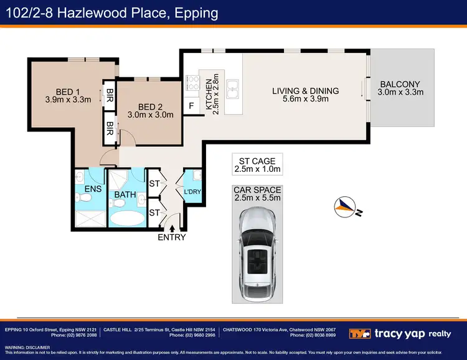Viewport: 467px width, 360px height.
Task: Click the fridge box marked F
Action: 192,107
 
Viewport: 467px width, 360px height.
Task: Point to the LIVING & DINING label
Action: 305,91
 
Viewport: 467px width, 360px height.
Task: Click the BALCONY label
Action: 400,85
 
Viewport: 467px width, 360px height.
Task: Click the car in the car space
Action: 257,250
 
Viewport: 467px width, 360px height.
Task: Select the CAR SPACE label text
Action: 257,190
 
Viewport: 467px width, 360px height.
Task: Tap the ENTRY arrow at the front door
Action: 172,229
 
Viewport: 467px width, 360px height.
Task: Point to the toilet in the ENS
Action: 87,197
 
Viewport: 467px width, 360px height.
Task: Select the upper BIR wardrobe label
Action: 110,95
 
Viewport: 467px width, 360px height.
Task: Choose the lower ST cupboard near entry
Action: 154,212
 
